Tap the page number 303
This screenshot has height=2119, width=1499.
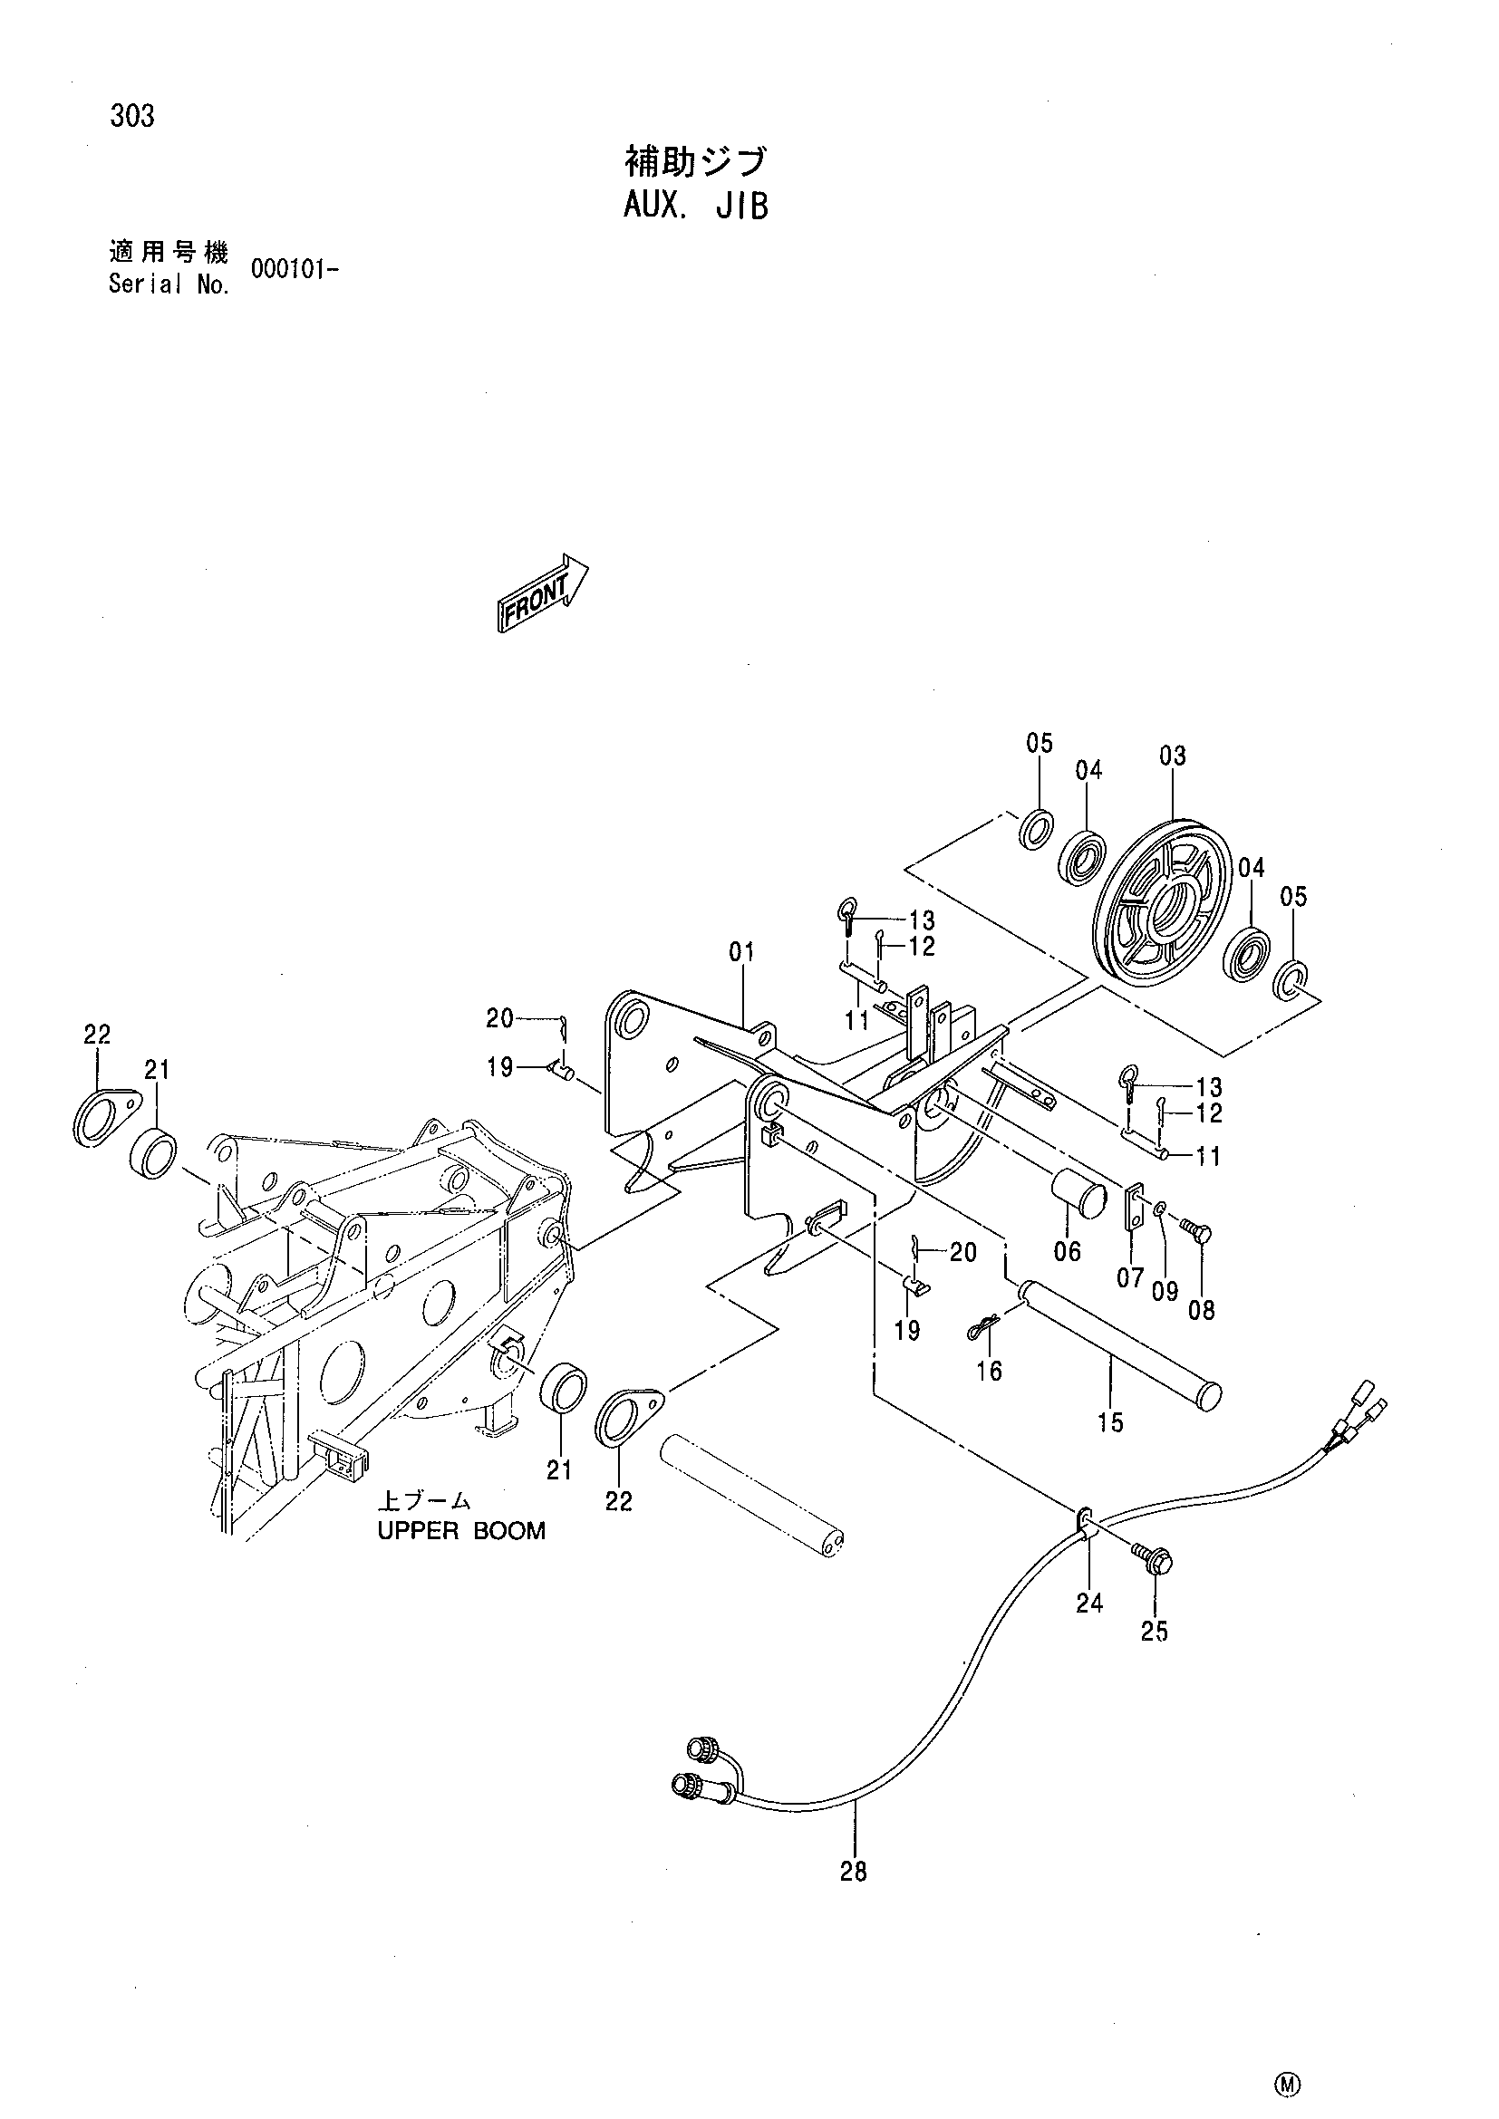[132, 117]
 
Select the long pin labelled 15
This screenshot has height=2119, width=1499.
[1117, 1336]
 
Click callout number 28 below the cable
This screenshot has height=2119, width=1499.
[854, 1871]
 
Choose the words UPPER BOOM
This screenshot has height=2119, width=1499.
[461, 1530]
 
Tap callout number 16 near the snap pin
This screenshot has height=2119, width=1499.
[989, 1372]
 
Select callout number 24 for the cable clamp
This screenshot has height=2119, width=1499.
[1089, 1604]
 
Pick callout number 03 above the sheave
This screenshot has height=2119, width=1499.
[1172, 756]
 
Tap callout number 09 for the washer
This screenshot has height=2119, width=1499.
[1165, 1291]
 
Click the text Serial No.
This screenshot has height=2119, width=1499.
[169, 285]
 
